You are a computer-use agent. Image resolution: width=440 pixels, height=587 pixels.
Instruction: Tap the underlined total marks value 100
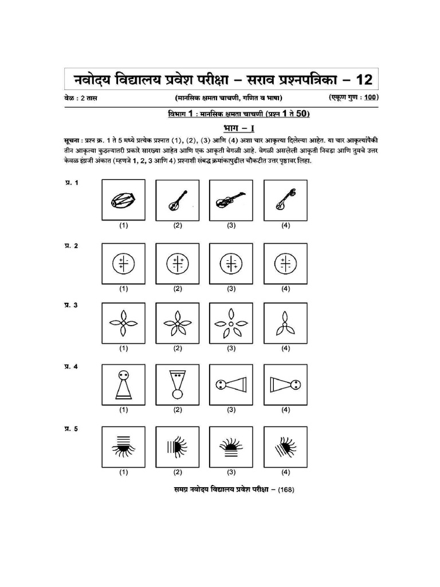(370, 98)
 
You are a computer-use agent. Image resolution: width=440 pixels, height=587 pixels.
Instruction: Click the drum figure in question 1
(123, 200)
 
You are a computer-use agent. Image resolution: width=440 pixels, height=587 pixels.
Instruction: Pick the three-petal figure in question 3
(285, 324)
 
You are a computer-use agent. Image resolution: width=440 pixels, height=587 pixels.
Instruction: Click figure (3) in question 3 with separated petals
(231, 324)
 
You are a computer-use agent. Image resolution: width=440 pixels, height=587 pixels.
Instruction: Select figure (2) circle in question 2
(177, 264)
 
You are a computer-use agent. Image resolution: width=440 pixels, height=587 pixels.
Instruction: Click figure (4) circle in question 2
(285, 264)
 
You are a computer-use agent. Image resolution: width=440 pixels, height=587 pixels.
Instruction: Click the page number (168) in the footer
(284, 490)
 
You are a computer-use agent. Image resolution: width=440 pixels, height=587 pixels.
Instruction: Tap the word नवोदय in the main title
(97, 79)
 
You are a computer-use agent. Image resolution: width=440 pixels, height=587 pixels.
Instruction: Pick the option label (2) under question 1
(178, 226)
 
